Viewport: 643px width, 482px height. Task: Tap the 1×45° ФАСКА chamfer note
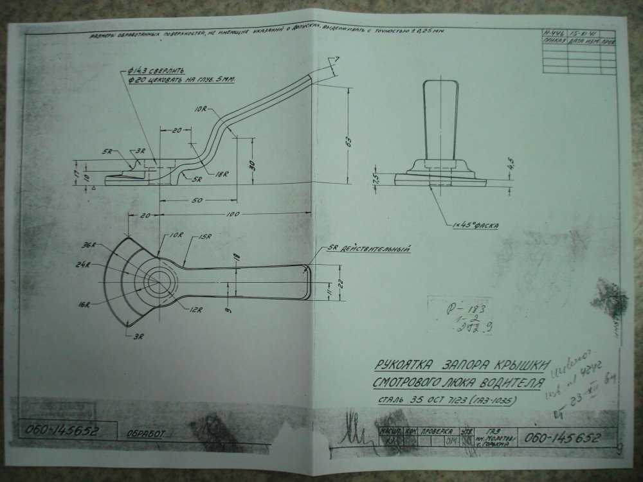pos(476,226)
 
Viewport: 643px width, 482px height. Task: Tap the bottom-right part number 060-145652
pos(562,439)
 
